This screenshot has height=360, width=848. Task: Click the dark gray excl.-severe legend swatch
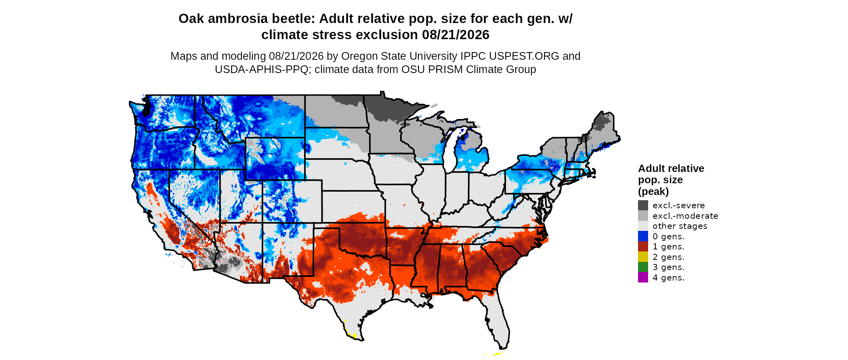(x=643, y=205)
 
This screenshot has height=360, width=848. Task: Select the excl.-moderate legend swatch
(x=643, y=216)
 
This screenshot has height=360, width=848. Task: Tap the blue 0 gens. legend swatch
(x=643, y=236)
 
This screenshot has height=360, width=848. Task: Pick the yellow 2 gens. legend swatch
(x=643, y=257)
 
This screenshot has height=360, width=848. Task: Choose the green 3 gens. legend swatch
(x=643, y=267)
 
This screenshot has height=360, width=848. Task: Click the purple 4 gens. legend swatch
(x=643, y=277)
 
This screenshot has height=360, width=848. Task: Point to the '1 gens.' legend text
(x=668, y=247)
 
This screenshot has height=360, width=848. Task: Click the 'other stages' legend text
(x=680, y=226)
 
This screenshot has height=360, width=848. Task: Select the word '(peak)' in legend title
(x=653, y=191)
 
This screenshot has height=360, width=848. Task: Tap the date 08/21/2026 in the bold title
(x=455, y=35)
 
